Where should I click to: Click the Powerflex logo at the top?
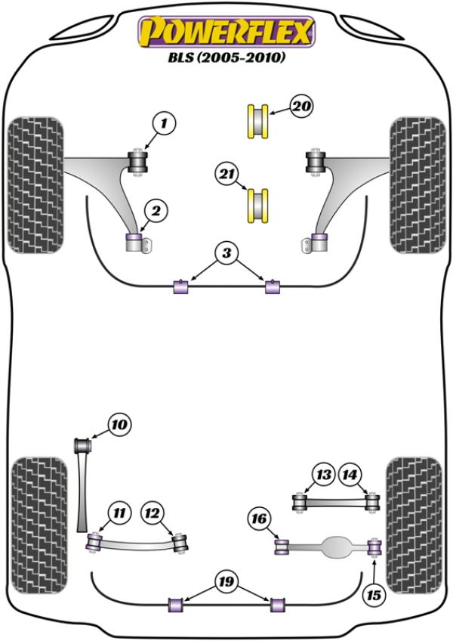[224, 32]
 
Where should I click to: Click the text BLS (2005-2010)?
[225, 57]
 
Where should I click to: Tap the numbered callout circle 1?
[165, 122]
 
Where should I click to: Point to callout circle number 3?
[226, 255]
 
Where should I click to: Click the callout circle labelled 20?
[300, 108]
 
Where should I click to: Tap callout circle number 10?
[119, 426]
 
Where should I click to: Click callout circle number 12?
[153, 513]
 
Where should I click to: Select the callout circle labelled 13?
[324, 475]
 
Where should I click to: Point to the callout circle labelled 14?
[350, 475]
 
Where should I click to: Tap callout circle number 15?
[373, 596]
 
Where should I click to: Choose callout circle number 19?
[226, 582]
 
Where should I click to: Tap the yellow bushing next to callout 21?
[259, 204]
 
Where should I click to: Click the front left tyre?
[35, 184]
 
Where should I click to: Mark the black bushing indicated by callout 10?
[83, 444]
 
